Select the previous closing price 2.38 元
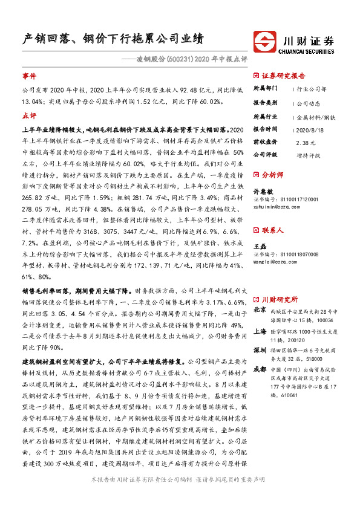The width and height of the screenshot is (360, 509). coord(306,143)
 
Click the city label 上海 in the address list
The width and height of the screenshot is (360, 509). coord(260,331)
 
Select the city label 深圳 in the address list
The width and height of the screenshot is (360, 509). coord(260,350)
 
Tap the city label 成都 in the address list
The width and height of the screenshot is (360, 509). coord(260,369)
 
